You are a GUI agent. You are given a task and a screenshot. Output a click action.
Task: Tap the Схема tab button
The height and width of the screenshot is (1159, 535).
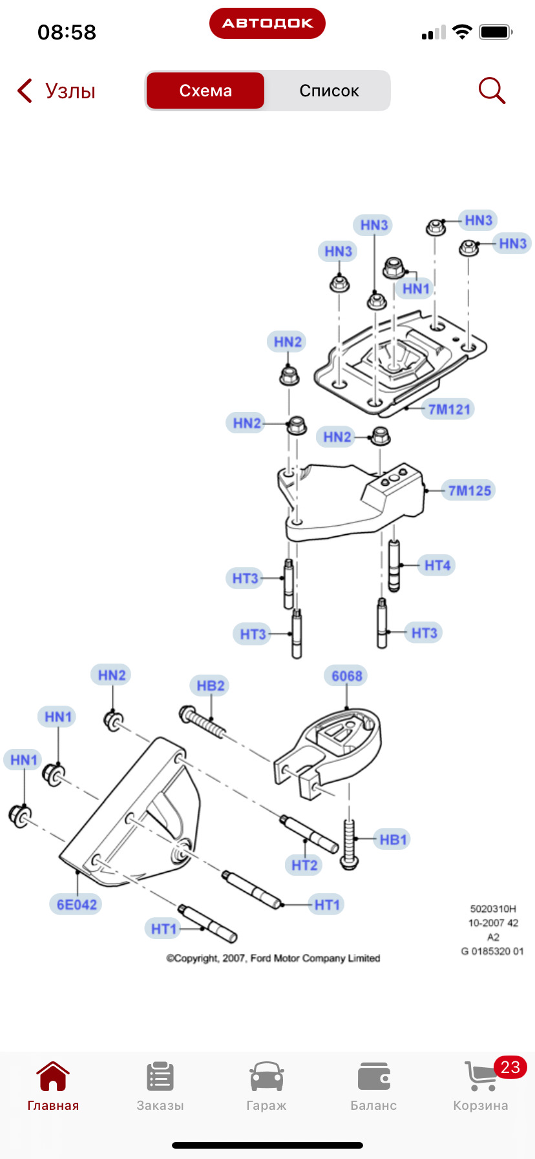click(205, 91)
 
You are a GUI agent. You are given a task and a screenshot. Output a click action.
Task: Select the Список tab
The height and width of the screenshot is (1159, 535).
click(329, 91)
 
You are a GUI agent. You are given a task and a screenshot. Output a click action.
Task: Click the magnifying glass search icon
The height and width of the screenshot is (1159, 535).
click(492, 91)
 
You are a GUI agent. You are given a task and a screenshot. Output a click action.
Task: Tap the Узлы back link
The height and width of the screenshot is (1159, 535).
click(57, 91)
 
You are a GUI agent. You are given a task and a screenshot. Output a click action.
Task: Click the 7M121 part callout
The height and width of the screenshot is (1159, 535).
click(450, 409)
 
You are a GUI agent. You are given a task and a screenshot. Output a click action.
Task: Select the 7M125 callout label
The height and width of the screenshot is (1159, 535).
click(470, 490)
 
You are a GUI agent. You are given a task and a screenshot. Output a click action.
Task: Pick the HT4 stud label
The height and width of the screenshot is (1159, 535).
click(437, 565)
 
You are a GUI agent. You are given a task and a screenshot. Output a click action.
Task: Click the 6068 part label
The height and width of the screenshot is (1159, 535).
click(347, 676)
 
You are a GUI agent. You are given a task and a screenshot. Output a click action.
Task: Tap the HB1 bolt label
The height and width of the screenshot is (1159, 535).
click(393, 839)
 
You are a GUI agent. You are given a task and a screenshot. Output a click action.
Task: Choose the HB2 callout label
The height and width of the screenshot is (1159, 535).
click(211, 686)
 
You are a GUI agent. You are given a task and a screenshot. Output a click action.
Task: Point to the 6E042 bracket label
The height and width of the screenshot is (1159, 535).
click(77, 904)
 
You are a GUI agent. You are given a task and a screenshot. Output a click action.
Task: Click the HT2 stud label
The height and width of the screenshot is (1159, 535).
click(304, 865)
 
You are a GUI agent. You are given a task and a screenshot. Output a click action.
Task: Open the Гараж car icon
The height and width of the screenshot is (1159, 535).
click(267, 1076)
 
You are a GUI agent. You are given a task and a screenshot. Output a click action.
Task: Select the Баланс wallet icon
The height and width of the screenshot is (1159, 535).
click(373, 1076)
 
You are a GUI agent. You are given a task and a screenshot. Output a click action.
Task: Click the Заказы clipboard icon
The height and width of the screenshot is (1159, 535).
click(160, 1076)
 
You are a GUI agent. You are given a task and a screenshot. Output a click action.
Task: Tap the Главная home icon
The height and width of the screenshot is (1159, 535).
click(53, 1076)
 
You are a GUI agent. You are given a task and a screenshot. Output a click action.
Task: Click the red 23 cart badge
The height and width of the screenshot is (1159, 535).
click(510, 1067)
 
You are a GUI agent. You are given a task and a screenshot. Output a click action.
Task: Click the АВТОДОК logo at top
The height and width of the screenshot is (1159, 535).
click(267, 23)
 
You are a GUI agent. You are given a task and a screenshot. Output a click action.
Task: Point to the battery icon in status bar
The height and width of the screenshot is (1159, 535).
click(496, 32)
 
